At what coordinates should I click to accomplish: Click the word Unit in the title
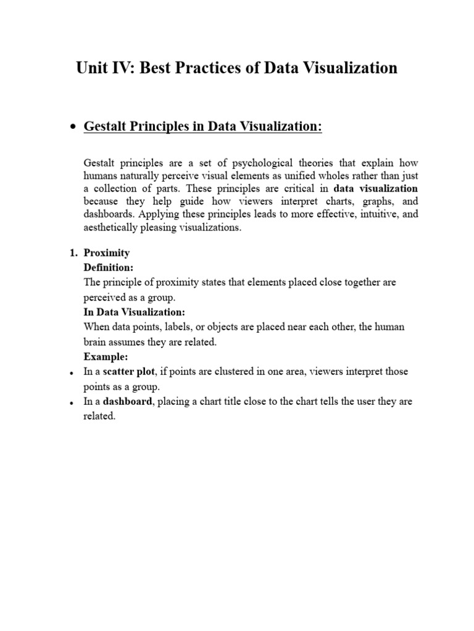[x=90, y=68]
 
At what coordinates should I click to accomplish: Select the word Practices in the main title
[x=206, y=68]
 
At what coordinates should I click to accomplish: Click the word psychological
[x=250, y=163]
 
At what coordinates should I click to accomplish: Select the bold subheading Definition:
[x=108, y=267]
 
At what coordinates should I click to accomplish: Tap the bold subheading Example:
[x=104, y=357]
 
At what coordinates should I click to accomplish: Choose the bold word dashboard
[x=126, y=401]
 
